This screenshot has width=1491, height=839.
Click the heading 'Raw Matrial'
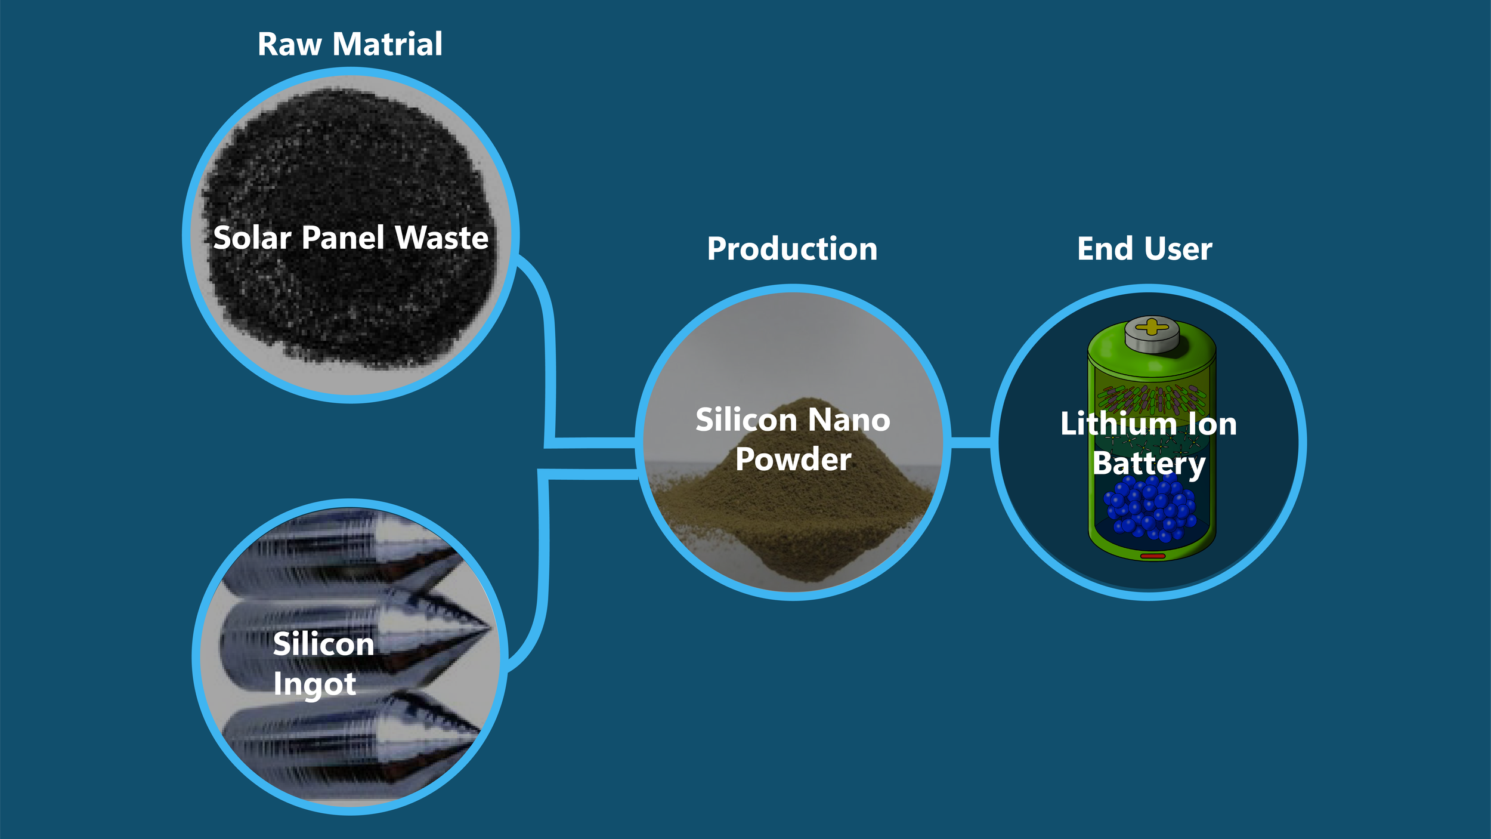coord(349,45)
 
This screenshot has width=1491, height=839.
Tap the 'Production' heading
coord(792,249)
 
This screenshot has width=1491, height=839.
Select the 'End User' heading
coord(1144,249)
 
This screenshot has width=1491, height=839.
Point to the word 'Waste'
coord(442,238)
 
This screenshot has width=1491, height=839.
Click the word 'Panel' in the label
coord(343,238)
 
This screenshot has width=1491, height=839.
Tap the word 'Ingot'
coord(314,684)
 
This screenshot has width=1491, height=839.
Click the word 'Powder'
coord(793,459)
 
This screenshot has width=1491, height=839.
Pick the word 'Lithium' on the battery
coord(1118,424)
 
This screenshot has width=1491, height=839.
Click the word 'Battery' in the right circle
coord(1149,464)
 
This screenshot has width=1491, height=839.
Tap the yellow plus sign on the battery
coord(1152,326)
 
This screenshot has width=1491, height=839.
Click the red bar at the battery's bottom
coord(1152,556)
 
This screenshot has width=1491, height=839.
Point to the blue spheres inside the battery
coord(1149,507)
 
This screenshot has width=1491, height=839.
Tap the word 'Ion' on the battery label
coord(1212,424)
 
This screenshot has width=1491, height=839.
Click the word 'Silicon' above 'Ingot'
coord(323,645)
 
